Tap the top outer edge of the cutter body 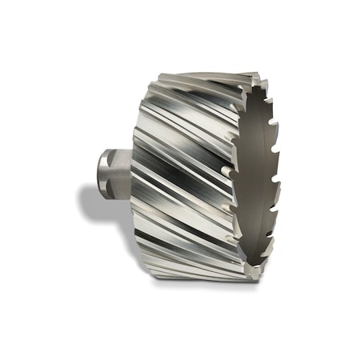[208, 75]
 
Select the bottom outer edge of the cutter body [200, 276]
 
